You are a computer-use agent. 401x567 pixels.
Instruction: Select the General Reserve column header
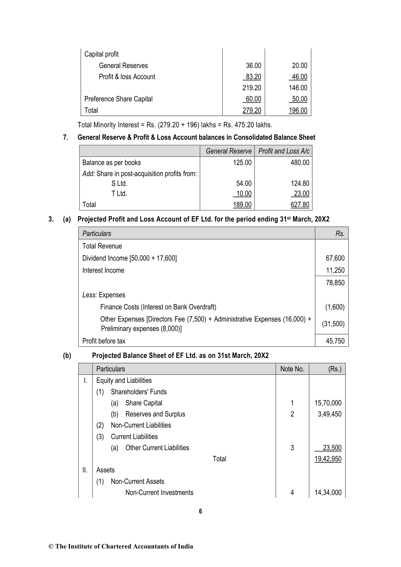coord(229,151)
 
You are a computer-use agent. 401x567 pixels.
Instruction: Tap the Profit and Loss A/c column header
coord(284,151)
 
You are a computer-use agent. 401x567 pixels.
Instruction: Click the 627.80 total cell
coord(300,205)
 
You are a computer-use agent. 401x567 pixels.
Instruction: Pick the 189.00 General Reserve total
coord(242,205)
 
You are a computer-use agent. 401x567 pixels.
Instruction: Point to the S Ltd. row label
coord(119,184)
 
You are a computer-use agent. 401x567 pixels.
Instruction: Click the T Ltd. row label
coord(119,194)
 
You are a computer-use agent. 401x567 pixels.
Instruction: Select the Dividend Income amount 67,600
coord(335,258)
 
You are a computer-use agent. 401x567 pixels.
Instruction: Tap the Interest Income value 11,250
coord(335,270)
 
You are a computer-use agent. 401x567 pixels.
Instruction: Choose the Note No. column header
coord(292,369)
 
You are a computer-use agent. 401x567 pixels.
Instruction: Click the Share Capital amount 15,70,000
coord(328,403)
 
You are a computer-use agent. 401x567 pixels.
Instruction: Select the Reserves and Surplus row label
coord(155,414)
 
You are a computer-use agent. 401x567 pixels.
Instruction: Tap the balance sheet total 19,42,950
coord(328,459)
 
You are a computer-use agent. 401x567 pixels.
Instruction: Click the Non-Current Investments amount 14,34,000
coord(328,493)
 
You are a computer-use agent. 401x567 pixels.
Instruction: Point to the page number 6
coord(201,511)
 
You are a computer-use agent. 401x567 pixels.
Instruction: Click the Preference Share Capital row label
coord(118,99)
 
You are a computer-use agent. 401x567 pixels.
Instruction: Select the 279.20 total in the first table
coord(252,110)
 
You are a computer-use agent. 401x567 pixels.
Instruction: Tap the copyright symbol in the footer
coord(51,546)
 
